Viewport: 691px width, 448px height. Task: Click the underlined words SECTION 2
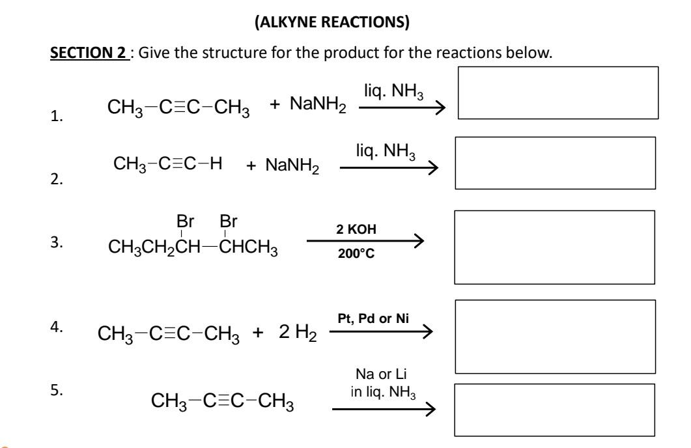click(78, 52)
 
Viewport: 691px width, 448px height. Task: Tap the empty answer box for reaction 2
click(555, 162)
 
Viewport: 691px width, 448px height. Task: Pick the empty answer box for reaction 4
click(554, 336)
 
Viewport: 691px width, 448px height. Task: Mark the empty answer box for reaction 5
click(554, 409)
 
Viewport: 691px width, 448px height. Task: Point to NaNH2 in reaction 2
click(292, 167)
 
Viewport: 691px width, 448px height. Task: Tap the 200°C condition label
click(355, 255)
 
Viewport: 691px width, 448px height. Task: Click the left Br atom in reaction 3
click(186, 222)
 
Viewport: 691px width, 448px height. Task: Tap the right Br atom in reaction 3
click(228, 222)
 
